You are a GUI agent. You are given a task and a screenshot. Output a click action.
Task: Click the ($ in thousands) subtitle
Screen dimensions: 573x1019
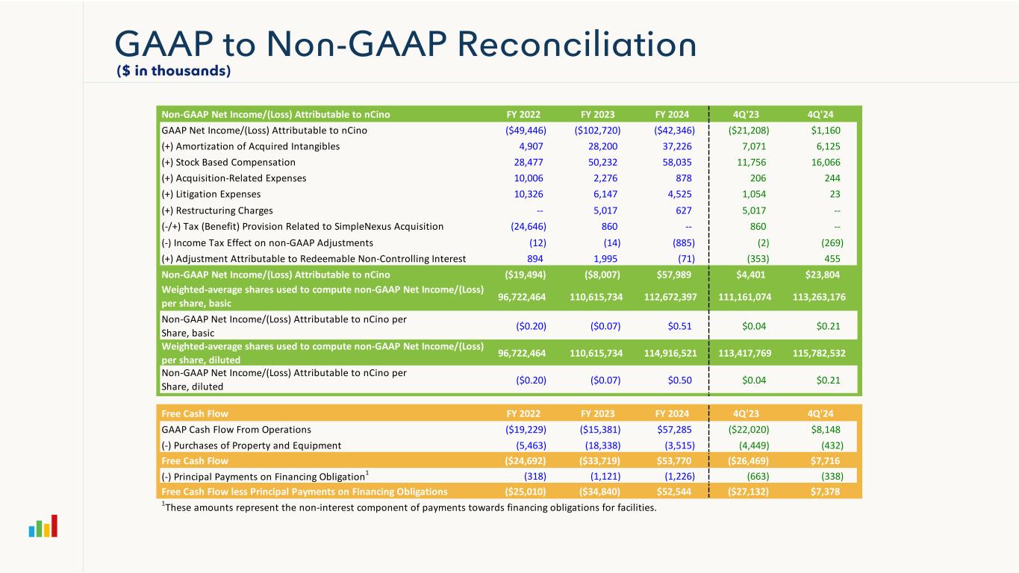pyautogui.click(x=173, y=71)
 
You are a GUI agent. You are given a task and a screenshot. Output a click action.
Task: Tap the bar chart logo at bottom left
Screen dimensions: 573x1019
pyautogui.click(x=43, y=527)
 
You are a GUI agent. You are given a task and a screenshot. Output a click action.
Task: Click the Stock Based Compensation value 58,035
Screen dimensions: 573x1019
pyautogui.click(x=676, y=162)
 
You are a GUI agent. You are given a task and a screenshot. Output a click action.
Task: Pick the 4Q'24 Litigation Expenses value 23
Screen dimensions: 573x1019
pyautogui.click(x=833, y=194)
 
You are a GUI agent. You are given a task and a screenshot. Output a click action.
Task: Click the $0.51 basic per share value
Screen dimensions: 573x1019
pyautogui.click(x=679, y=326)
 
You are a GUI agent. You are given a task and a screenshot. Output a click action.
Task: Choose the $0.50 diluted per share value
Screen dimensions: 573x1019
pyautogui.click(x=679, y=380)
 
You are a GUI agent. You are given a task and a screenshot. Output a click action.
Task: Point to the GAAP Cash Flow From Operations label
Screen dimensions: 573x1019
pyautogui.click(x=236, y=430)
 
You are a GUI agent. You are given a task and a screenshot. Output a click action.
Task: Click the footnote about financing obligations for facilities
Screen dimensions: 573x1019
pyautogui.click(x=409, y=509)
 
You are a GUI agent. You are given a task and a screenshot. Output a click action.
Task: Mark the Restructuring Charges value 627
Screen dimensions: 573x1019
pyautogui.click(x=682, y=210)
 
